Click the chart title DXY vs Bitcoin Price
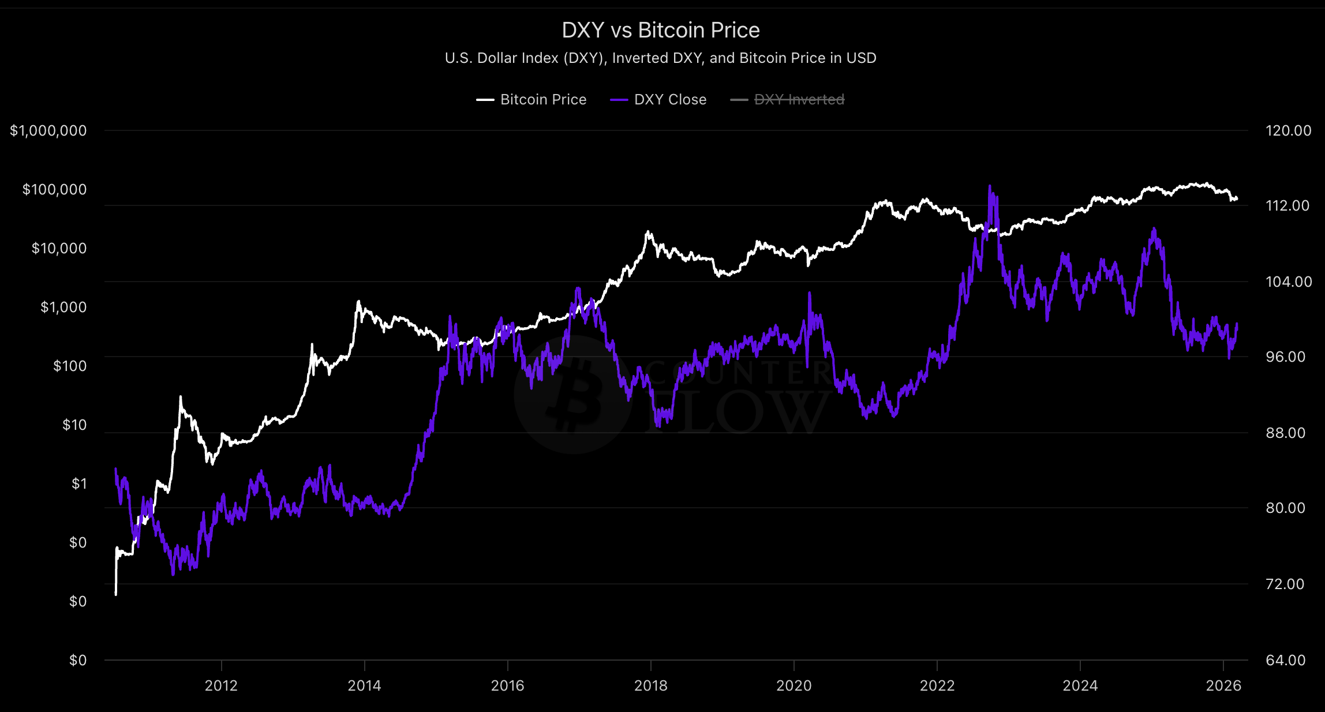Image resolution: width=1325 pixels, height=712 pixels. tap(661, 30)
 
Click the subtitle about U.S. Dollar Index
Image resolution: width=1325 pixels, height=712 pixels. tap(661, 58)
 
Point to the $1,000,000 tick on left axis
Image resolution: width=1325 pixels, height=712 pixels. tap(48, 131)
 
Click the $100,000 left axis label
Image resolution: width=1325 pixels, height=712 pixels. tap(54, 190)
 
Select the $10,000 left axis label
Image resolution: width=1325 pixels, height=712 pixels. tap(59, 249)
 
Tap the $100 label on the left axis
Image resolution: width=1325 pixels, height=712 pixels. tap(70, 366)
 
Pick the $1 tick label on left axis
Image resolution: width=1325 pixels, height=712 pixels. tap(79, 484)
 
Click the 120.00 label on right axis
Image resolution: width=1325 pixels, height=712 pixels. tap(1288, 131)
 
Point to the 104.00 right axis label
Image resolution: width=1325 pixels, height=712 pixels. tap(1288, 282)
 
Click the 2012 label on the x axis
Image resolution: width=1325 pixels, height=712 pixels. tap(221, 685)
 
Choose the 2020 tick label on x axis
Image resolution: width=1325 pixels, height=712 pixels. tap(793, 685)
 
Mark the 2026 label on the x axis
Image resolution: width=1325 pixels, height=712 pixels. tap(1223, 685)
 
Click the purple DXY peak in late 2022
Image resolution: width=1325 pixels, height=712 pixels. tap(990, 187)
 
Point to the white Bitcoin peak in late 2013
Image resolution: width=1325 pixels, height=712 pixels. tap(358, 302)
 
